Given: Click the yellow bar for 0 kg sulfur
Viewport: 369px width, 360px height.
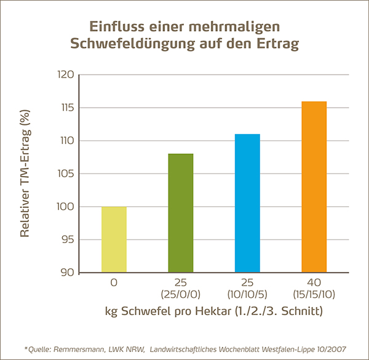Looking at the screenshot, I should click(x=114, y=239).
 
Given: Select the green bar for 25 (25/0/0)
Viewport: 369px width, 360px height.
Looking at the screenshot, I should click(x=180, y=213).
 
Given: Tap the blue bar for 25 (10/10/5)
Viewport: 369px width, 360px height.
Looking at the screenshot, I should click(x=247, y=203).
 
